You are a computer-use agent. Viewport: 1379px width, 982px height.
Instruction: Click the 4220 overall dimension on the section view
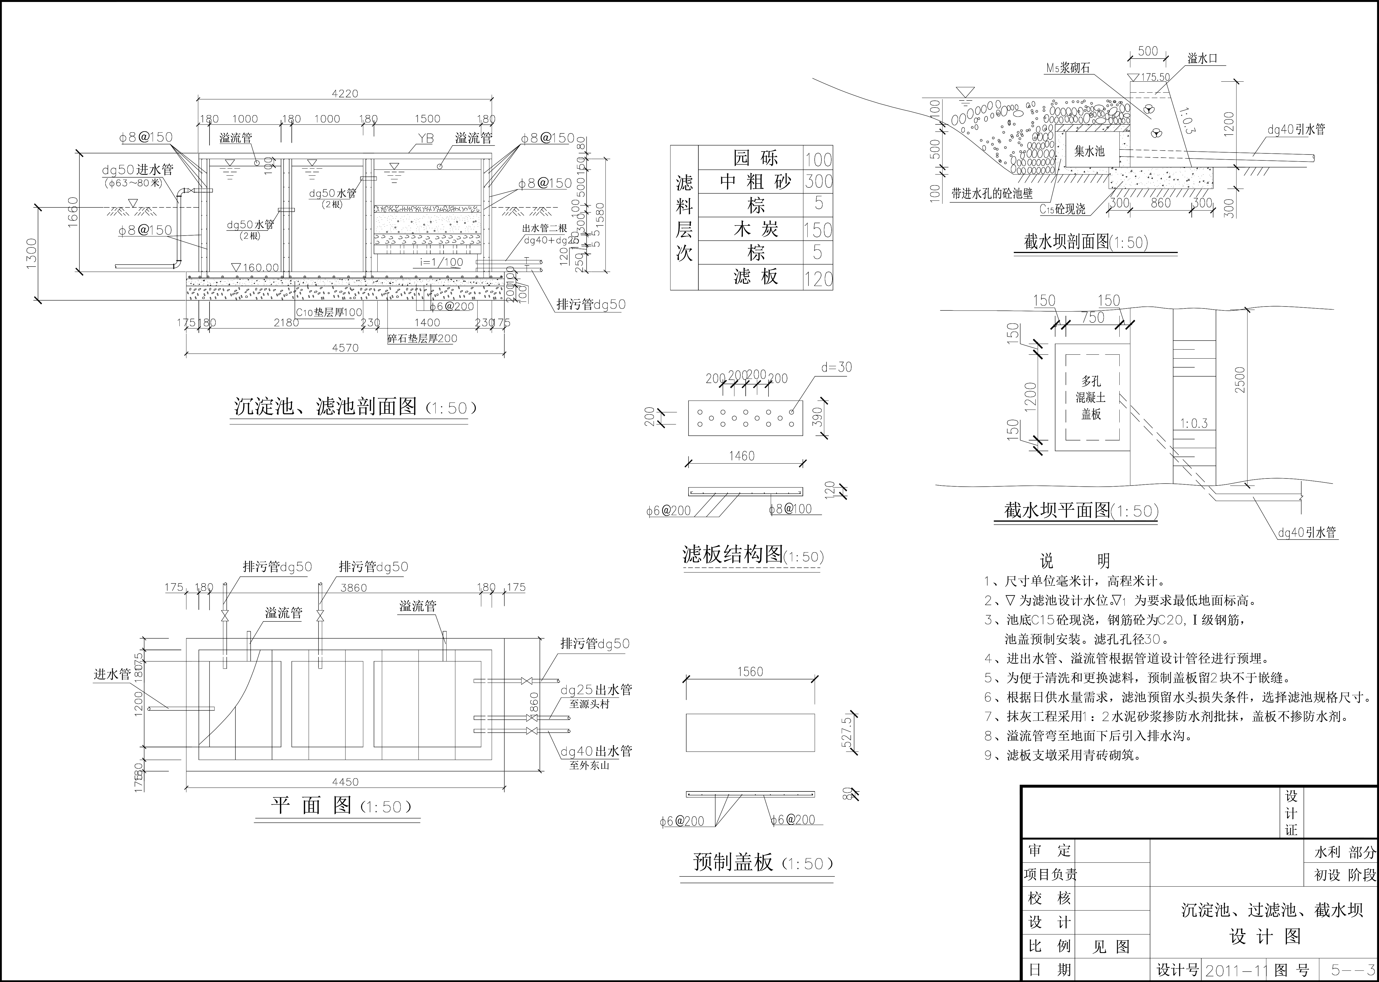(x=345, y=94)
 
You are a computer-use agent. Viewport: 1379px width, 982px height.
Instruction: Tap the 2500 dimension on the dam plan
(x=1240, y=380)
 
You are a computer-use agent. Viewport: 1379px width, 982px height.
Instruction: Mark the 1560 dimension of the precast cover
(x=750, y=672)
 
